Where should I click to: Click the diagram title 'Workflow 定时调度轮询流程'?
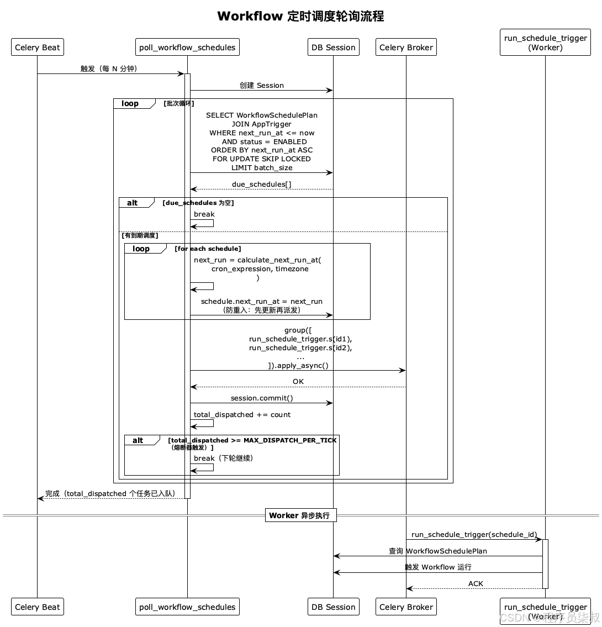tap(300, 16)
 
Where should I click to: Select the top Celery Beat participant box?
tap(37, 47)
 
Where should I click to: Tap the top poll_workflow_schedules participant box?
tap(187, 47)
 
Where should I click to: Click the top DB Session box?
tap(334, 47)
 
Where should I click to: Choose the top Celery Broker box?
tap(406, 47)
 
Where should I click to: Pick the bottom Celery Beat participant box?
tap(37, 607)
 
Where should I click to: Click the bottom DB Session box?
tap(334, 607)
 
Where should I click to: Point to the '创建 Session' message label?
tap(262, 85)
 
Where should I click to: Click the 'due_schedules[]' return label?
tap(262, 185)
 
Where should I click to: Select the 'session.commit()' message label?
tap(262, 398)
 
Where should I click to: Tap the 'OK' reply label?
tap(298, 382)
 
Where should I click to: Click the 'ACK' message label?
tap(476, 583)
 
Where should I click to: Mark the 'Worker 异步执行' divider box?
tap(300, 515)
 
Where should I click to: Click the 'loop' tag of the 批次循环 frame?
tap(130, 103)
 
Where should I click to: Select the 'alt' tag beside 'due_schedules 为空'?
tap(133, 203)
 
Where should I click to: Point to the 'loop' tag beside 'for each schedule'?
tap(141, 249)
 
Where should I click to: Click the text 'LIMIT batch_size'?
tap(262, 168)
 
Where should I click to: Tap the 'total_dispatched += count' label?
tap(242, 415)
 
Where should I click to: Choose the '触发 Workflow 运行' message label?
tap(438, 567)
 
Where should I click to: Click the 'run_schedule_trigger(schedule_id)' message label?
tap(474, 535)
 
